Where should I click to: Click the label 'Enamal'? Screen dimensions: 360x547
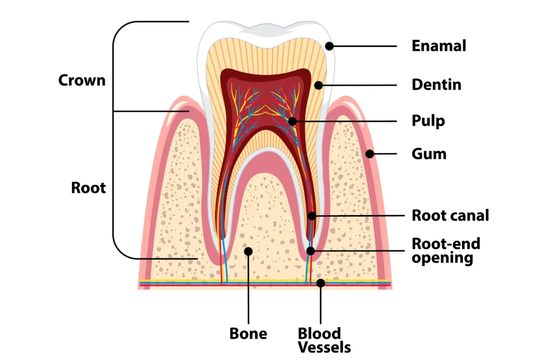(x=439, y=46)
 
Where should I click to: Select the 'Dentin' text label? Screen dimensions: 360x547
(x=436, y=85)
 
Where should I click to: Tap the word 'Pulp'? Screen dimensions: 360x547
(x=428, y=120)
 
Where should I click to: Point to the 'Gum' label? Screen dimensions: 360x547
(x=429, y=154)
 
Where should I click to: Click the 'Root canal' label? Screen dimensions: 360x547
(x=450, y=216)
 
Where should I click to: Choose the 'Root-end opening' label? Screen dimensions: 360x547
(x=445, y=251)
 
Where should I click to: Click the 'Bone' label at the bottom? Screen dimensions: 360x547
(x=248, y=334)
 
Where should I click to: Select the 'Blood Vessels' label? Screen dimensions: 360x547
(x=324, y=340)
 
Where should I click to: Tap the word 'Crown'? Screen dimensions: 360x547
(x=82, y=80)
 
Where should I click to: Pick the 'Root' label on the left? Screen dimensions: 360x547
(x=88, y=188)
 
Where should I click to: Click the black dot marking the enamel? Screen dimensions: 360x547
(x=329, y=46)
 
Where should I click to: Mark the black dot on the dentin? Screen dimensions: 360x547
(x=318, y=85)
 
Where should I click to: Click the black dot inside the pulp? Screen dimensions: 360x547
(x=292, y=121)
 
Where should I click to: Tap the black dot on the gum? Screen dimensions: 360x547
(x=369, y=154)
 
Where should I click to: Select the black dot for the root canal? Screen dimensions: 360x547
(x=312, y=216)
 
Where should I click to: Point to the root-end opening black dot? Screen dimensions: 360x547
(x=310, y=251)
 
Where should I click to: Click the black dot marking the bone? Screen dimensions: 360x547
(x=248, y=251)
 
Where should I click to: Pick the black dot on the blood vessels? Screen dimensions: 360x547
(x=321, y=283)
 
